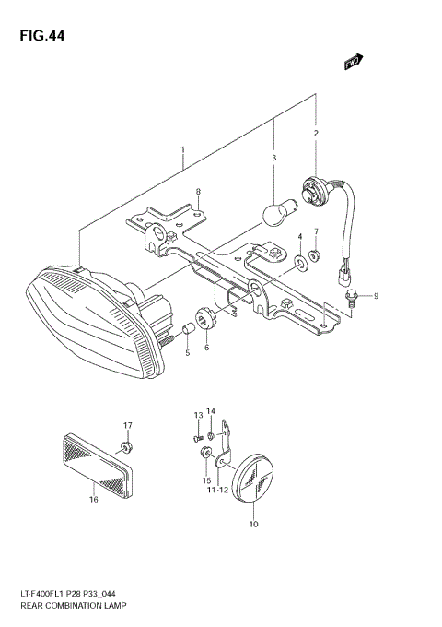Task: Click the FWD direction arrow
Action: click(x=353, y=61)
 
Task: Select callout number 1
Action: click(x=182, y=149)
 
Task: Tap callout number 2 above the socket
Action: click(x=316, y=134)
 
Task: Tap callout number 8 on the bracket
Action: click(x=196, y=192)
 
